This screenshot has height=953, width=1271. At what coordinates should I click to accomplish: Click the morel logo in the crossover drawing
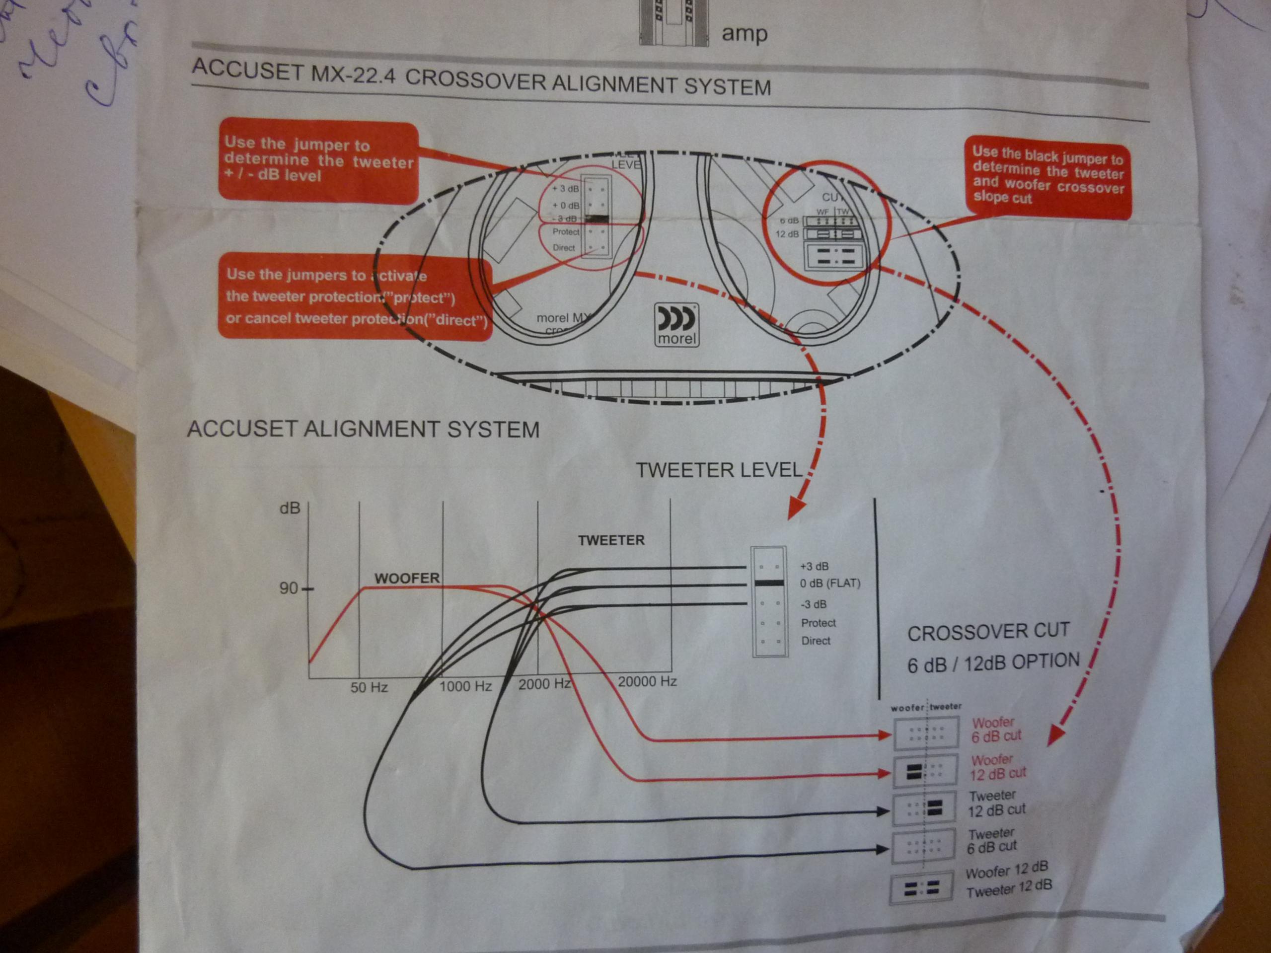pos(676,325)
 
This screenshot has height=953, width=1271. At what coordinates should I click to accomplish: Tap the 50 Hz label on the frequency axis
pos(369,687)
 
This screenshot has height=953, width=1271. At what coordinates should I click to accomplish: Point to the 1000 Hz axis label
pos(465,686)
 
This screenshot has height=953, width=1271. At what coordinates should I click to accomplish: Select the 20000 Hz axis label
pos(647,681)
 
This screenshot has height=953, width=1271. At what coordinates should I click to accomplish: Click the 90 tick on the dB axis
pos(289,588)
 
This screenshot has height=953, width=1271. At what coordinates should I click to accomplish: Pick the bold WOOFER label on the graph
pos(407,578)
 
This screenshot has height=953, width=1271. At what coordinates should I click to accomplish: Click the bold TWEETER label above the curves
pos(611,540)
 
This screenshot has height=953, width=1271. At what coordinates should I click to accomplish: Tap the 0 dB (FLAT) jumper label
pos(830,584)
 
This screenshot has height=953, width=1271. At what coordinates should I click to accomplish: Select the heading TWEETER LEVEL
pos(718,470)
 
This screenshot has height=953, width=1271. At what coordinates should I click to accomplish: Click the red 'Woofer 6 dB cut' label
pos(996,729)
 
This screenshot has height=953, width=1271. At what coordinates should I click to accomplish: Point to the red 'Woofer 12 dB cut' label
pos(997,767)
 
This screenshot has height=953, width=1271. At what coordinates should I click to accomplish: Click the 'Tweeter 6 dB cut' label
pos(992,840)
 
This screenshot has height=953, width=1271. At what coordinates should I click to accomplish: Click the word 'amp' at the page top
pos(744,33)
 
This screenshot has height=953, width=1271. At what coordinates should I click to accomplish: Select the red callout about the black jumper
pos(1047,177)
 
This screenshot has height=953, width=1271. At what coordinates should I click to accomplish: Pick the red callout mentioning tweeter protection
pos(355,297)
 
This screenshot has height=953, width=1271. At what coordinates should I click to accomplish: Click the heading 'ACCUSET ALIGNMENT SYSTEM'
pos(363,429)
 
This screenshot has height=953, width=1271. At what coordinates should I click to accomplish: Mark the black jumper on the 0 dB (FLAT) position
pos(769,583)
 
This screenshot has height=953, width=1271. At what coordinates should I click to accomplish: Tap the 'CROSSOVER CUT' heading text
pos(988,632)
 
